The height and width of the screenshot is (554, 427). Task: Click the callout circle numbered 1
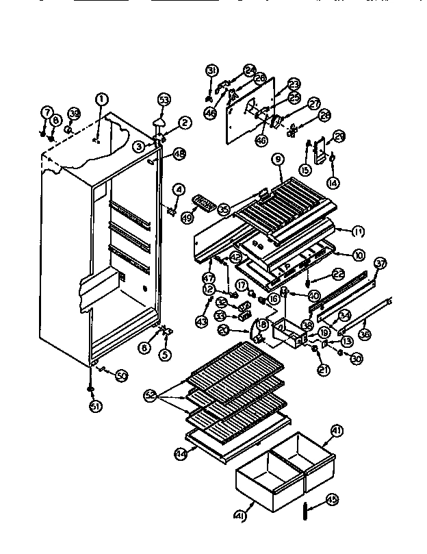click(101, 99)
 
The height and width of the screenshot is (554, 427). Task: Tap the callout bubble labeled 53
click(164, 100)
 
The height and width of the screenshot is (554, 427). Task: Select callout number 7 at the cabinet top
click(47, 112)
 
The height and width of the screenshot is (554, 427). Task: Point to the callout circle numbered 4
click(178, 188)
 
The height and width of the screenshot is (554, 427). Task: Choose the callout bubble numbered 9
click(277, 160)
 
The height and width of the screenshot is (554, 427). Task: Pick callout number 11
click(357, 231)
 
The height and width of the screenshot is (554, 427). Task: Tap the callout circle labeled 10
click(357, 255)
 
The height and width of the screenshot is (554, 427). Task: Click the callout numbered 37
click(380, 263)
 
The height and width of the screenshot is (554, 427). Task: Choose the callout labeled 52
click(151, 395)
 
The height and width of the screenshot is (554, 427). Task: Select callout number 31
click(211, 71)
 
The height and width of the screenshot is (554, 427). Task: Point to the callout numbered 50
click(122, 375)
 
